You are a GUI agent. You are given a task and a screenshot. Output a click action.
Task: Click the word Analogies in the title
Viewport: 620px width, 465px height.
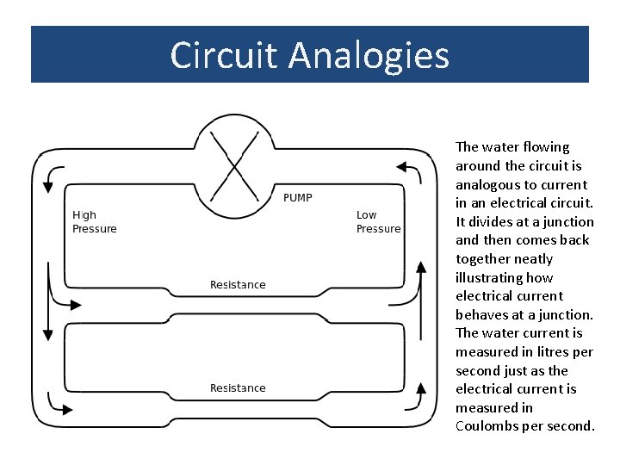(x=369, y=55)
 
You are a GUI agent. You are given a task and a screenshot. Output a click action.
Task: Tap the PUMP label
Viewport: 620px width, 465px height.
(x=298, y=198)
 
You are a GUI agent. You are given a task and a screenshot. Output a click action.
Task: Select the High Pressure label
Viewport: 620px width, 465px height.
(x=94, y=222)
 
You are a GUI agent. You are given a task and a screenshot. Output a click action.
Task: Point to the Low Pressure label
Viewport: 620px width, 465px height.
(x=378, y=222)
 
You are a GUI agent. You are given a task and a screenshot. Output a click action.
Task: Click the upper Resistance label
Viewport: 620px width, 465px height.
(x=238, y=285)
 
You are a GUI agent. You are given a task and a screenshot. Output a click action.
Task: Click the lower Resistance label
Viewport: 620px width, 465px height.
(x=238, y=388)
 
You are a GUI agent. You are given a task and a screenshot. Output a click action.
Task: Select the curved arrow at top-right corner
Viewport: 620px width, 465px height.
(x=413, y=172)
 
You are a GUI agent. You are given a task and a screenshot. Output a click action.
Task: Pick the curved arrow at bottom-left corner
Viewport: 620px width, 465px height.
(x=56, y=402)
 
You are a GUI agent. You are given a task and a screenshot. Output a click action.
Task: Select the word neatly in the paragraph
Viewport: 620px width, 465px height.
(x=536, y=259)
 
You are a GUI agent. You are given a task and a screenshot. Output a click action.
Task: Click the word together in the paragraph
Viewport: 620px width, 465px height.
(x=483, y=259)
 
